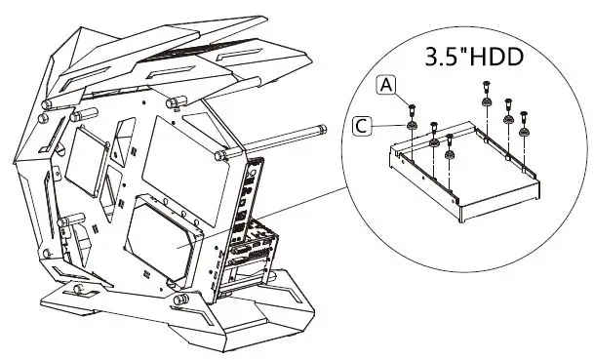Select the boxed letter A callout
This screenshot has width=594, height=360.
387,86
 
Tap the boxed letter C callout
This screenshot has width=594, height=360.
362,124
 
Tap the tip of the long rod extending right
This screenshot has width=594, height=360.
321,127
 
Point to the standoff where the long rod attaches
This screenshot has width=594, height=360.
223,153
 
